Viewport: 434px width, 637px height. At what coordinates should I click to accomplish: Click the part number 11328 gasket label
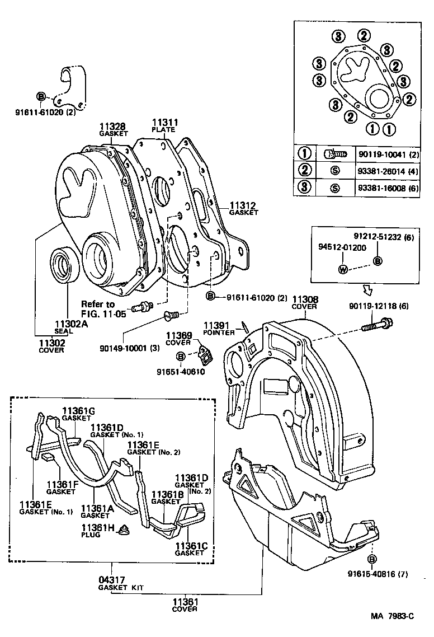112,129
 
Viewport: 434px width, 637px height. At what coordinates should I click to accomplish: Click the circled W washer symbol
343,269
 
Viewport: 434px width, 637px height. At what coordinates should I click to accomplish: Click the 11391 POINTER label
219,328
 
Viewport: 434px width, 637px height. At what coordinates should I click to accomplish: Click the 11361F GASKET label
60,488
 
